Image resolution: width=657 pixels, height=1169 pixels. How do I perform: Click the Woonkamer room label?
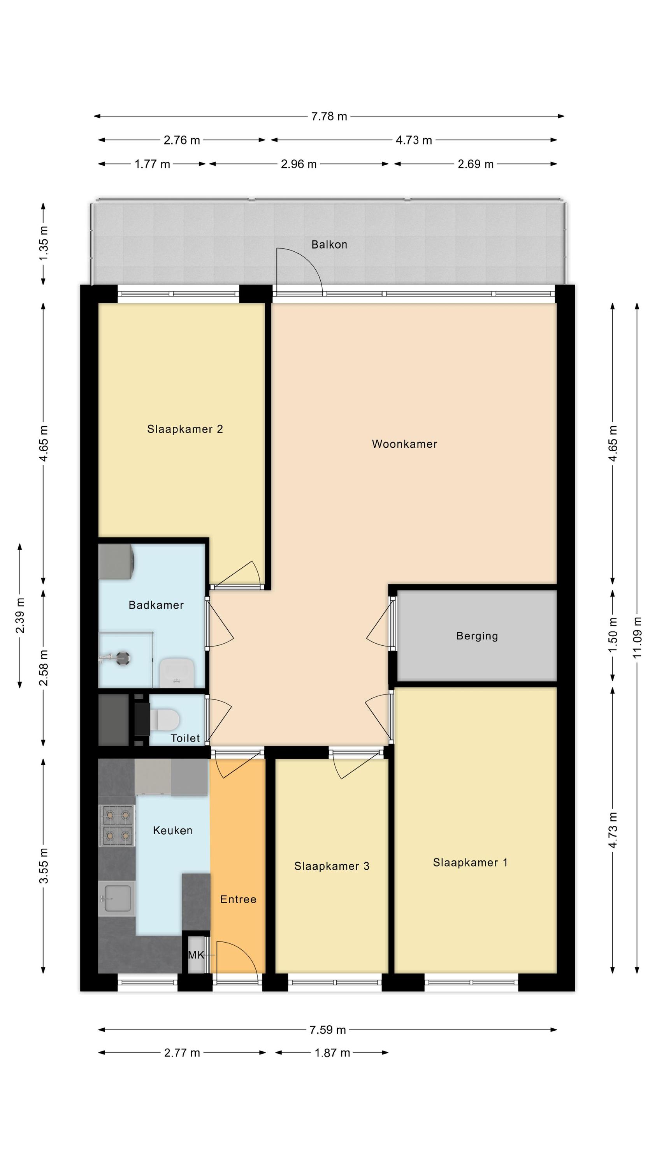click(404, 444)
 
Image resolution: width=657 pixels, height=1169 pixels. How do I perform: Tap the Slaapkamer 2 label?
click(185, 429)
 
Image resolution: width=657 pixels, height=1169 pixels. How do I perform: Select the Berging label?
click(477, 636)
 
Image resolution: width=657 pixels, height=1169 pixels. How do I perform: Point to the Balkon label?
click(329, 245)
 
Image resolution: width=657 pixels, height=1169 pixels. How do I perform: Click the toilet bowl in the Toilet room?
click(164, 719)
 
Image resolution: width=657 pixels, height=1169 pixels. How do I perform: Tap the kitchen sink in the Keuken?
click(117, 899)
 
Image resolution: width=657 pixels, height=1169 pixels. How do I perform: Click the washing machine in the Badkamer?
click(116, 562)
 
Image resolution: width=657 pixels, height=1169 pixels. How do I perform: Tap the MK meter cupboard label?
click(196, 955)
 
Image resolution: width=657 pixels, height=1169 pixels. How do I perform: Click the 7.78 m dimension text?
click(329, 117)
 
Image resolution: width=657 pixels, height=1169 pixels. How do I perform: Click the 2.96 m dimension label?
click(299, 164)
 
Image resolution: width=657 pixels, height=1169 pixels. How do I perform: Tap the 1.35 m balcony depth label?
click(44, 243)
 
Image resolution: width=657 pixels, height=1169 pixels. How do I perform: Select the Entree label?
click(238, 899)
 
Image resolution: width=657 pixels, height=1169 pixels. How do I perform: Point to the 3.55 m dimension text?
click(44, 865)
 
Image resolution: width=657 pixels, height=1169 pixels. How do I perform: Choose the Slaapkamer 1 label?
click(470, 862)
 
